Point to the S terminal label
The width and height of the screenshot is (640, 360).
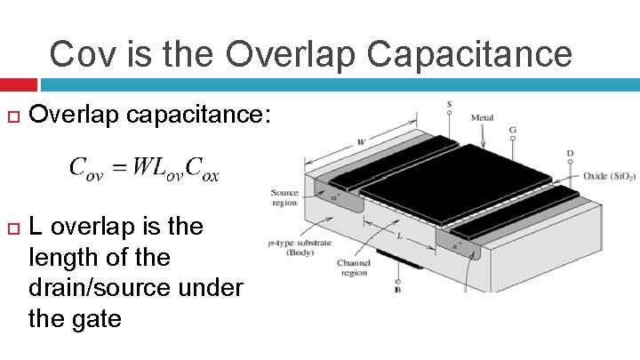pyautogui.click(x=449, y=105)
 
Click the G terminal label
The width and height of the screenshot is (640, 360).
pyautogui.click(x=513, y=129)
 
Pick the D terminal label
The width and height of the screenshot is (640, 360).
pyautogui.click(x=570, y=154)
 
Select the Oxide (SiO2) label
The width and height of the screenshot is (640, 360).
pyautogui.click(x=610, y=176)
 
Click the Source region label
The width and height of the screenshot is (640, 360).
pyautogui.click(x=285, y=197)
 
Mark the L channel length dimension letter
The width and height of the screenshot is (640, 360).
pyautogui.click(x=401, y=236)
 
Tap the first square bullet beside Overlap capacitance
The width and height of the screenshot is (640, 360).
pyautogui.click(x=12, y=116)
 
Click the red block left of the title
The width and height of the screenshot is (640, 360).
pyautogui.click(x=18, y=84)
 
